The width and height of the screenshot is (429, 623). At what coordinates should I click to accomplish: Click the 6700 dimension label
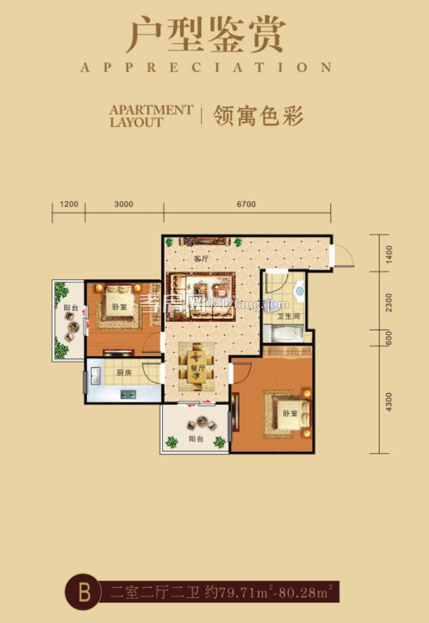pyautogui.click(x=247, y=204)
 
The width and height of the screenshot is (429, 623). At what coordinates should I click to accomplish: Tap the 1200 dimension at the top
pyautogui.click(x=69, y=204)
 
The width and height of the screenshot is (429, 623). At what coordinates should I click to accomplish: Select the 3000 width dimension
pyautogui.click(x=124, y=204)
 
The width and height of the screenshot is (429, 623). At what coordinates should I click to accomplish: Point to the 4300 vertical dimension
pyautogui.click(x=389, y=402)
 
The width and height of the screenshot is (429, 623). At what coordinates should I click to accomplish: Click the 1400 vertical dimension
pyautogui.click(x=389, y=253)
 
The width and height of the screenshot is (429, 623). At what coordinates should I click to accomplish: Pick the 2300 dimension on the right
pyautogui.click(x=389, y=302)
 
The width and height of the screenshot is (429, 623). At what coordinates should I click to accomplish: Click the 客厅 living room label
pyautogui.click(x=200, y=258)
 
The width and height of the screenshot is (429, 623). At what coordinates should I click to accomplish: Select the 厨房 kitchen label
pyautogui.click(x=124, y=372)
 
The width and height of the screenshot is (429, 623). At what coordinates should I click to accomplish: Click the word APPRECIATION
pyautogui.click(x=205, y=68)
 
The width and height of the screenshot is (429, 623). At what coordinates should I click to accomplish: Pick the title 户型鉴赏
pyautogui.click(x=205, y=35)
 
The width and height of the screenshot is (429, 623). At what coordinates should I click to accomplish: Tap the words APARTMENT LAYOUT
pyautogui.click(x=151, y=116)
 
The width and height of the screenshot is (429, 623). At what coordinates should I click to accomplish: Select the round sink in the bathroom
pyautogui.click(x=299, y=291)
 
